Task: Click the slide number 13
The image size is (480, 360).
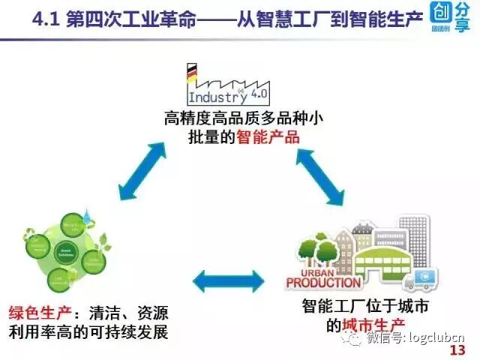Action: point(456,349)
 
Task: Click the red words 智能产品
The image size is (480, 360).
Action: point(268,137)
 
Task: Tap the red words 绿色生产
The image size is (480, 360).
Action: point(34,312)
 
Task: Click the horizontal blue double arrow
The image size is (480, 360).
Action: point(229,281)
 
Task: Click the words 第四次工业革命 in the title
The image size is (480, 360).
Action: point(127,17)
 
